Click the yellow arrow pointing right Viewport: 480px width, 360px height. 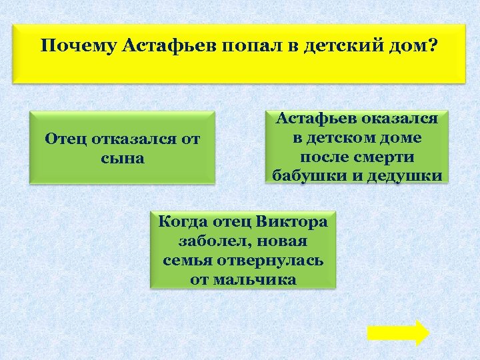tap(398, 333)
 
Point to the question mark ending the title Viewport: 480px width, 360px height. tap(433, 47)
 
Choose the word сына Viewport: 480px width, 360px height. tap(123, 159)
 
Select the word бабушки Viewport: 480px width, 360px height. tap(307, 177)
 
